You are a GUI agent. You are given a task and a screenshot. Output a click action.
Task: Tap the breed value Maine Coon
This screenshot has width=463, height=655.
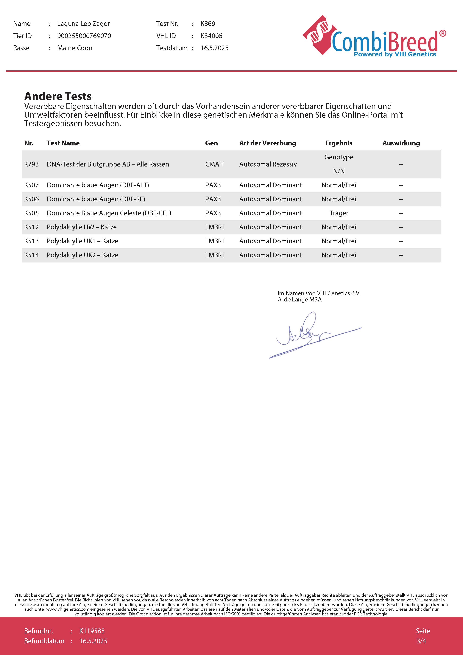click(75, 48)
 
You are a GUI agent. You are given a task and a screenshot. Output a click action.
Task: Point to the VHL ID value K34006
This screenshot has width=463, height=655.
click(211, 36)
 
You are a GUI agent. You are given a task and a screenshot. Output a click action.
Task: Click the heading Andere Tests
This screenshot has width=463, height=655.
click(58, 96)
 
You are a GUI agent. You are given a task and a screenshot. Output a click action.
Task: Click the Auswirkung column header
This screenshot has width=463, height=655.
click(401, 143)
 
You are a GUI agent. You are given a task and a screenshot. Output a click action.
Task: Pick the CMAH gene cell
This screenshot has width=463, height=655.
click(214, 164)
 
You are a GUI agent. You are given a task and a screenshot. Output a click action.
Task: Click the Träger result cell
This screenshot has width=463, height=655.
click(339, 213)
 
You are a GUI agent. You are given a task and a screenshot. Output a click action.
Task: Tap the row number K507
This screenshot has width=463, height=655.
click(31, 185)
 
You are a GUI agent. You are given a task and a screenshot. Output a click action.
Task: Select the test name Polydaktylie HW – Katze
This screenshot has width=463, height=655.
click(82, 227)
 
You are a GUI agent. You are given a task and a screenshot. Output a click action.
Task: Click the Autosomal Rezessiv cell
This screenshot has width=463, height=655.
click(268, 164)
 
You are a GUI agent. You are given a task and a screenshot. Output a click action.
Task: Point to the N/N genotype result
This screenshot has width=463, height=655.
click(339, 171)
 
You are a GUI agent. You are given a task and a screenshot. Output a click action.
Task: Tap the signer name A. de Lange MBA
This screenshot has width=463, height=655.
click(299, 300)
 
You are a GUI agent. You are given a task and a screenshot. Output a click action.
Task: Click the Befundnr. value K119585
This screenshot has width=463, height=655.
click(92, 631)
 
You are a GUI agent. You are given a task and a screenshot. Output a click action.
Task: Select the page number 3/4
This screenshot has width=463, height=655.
click(421, 641)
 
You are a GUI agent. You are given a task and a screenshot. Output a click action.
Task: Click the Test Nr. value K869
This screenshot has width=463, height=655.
click(208, 24)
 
